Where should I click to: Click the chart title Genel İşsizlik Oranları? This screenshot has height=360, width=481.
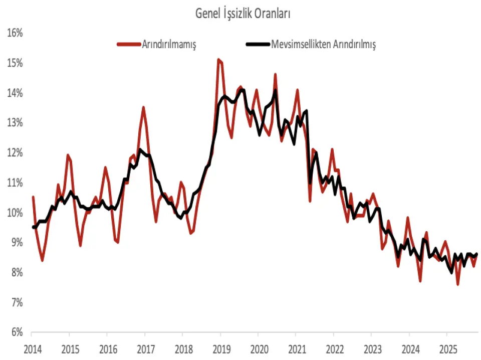[243, 14]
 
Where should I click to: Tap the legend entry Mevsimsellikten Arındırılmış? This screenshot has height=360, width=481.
[323, 44]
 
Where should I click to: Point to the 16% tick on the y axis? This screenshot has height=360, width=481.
[16, 33]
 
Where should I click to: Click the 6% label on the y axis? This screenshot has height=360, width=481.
[16, 332]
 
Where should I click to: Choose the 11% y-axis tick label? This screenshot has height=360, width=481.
[16, 183]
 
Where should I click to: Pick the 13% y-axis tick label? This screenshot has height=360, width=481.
[16, 123]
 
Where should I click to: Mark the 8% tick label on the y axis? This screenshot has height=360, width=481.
[16, 273]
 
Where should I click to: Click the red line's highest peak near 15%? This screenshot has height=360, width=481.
[218, 59]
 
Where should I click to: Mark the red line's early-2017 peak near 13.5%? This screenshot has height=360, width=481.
[143, 107]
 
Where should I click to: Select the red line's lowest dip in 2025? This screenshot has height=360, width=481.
[458, 284]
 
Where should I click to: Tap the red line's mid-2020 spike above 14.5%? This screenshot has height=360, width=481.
[275, 74]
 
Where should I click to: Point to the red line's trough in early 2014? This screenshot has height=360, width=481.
[42, 260]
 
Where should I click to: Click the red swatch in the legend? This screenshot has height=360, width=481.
[128, 44]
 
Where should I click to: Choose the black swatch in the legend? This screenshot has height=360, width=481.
[257, 44]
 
